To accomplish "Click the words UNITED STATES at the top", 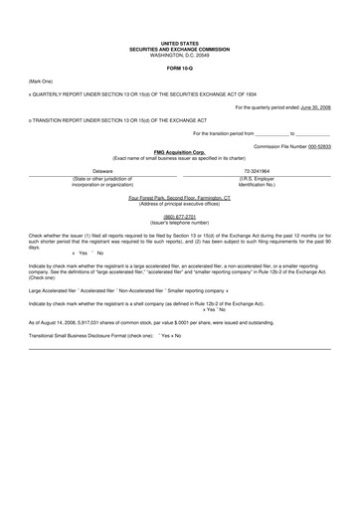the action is pos(179,45).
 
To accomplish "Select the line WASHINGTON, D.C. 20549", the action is pos(179,55).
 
